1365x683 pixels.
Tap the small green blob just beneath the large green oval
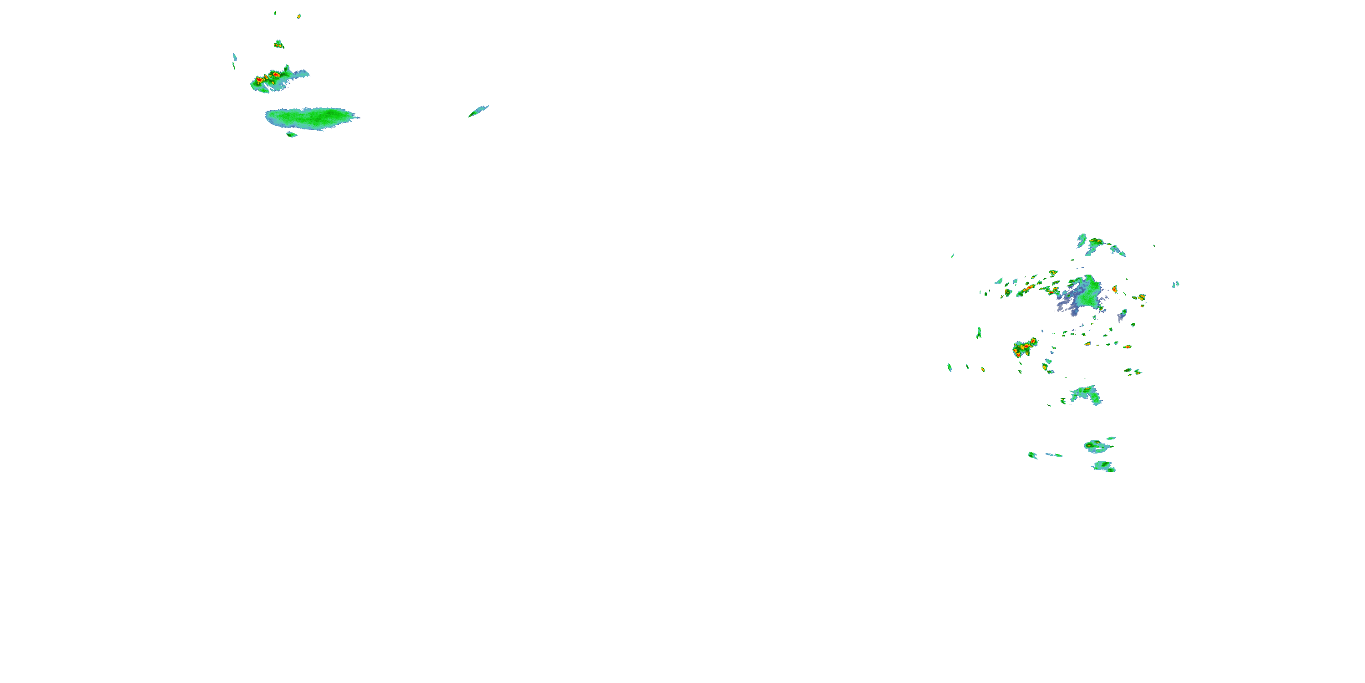291,135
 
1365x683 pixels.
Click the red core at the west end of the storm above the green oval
259,80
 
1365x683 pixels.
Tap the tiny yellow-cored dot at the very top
299,16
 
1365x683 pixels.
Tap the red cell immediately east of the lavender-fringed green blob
1114,289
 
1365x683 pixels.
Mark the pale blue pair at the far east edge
1176,284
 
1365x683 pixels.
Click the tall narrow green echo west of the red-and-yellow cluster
979,333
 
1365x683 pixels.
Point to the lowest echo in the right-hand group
1104,467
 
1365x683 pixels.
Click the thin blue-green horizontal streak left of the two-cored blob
1054,455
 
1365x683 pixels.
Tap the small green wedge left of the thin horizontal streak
1032,455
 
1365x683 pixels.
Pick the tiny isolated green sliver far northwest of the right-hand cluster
953,255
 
